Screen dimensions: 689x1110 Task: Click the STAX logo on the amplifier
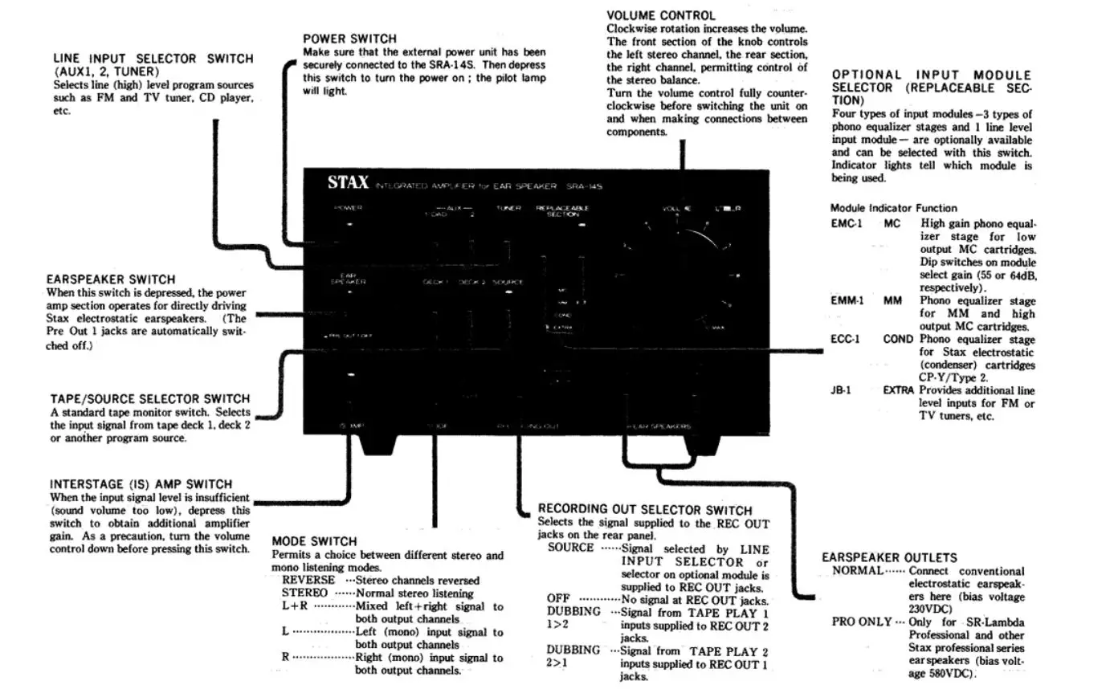click(348, 183)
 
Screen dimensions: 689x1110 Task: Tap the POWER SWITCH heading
click(349, 39)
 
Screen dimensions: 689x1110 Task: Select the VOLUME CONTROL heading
click(660, 15)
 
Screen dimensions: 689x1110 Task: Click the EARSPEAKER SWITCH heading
click(111, 280)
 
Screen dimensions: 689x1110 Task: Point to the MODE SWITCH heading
click(314, 541)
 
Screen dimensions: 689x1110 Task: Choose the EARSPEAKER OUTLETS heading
click(889, 557)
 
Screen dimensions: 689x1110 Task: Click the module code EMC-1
click(847, 224)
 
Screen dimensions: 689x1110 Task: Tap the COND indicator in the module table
click(898, 340)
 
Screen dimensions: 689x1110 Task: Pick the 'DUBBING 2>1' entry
click(573, 657)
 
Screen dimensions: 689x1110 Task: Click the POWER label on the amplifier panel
click(349, 208)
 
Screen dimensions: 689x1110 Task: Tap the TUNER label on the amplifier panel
click(508, 208)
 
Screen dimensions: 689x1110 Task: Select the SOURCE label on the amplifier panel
click(508, 283)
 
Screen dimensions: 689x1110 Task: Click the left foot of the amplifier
click(377, 444)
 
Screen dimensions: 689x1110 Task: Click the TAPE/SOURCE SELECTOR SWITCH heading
click(149, 399)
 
